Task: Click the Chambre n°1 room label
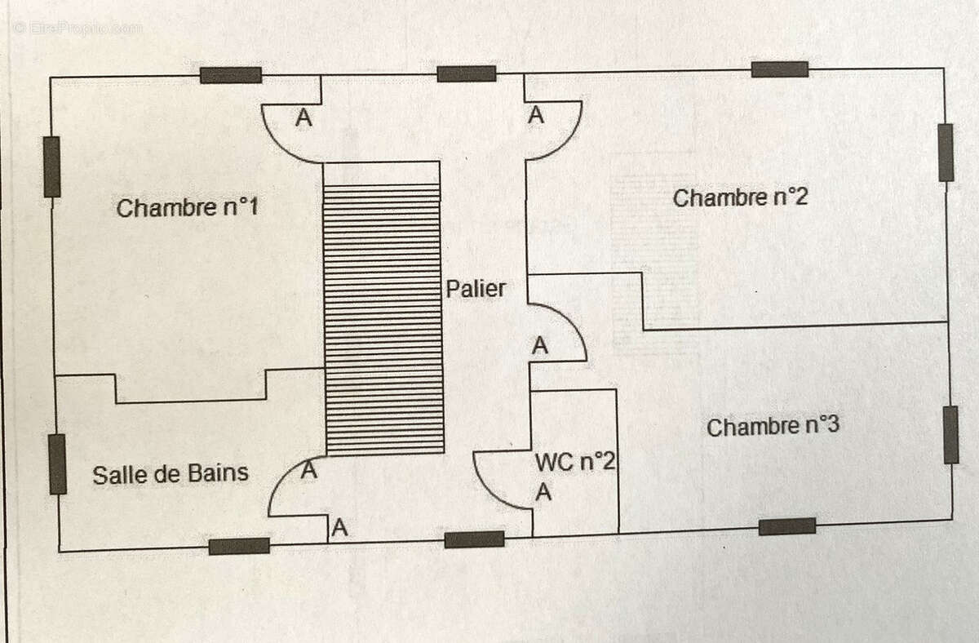[188, 207]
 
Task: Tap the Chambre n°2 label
[740, 197]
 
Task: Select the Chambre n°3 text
[773, 426]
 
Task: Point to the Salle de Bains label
[171, 474]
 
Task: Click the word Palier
[476, 289]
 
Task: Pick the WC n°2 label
[575, 461]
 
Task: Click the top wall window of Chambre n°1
[231, 75]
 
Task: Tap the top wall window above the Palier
[467, 73]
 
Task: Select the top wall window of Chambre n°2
[780, 69]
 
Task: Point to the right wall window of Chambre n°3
[950, 434]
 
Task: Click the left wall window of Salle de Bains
[57, 463]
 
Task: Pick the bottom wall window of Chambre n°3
[787, 526]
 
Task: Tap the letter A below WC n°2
[543, 492]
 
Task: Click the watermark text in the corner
[78, 29]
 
